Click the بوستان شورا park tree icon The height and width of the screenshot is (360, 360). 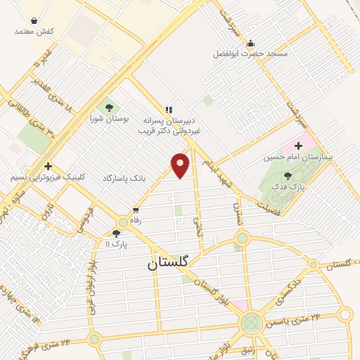[109, 108]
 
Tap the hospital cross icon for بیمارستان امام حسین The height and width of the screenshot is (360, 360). [299, 146]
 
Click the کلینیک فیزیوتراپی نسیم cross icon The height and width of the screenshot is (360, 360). [47, 167]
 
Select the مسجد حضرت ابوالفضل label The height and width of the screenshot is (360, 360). [250, 53]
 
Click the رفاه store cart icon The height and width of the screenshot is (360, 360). [136, 210]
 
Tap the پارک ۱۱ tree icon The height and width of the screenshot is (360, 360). [116, 233]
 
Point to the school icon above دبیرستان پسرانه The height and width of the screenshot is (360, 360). [168, 109]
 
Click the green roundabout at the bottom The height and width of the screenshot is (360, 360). [250, 323]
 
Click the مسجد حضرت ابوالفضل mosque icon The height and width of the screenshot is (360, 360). [250, 43]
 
